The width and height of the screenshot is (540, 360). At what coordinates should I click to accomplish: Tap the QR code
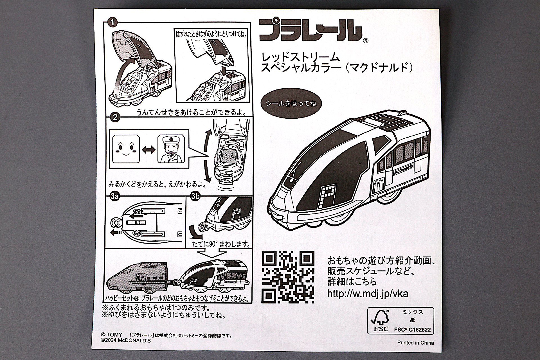[288, 277]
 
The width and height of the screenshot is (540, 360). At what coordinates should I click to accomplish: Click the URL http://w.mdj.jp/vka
[368, 294]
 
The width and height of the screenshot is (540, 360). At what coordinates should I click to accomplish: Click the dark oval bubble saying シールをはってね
[291, 103]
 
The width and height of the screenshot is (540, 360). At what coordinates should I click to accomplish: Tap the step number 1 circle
[112, 22]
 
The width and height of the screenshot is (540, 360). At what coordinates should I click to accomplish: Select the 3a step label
[114, 196]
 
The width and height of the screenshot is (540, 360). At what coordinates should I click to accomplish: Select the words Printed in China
[415, 343]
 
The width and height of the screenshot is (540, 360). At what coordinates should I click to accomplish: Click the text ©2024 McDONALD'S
[125, 341]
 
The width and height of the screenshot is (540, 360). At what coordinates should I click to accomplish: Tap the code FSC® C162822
[412, 330]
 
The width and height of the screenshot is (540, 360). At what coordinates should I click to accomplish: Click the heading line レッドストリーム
[301, 57]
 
